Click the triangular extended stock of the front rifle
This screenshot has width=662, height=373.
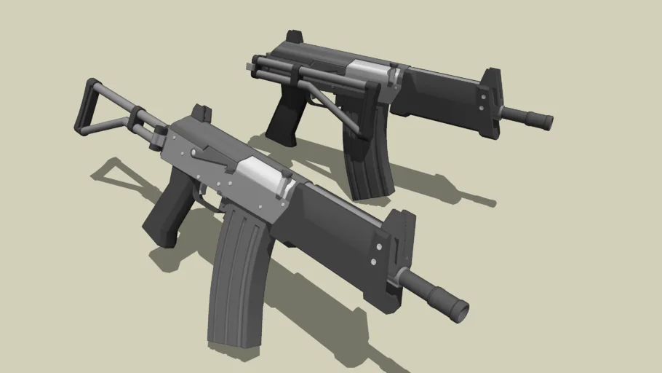102,109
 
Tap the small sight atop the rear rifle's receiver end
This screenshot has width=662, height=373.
295,36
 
